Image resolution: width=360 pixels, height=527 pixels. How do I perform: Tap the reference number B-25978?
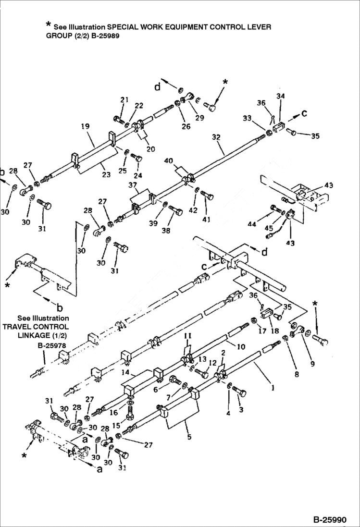52,345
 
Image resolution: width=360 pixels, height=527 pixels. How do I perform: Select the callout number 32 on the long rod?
216,137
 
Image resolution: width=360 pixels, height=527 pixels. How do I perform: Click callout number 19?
85,127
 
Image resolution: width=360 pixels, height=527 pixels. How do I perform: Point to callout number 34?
281,97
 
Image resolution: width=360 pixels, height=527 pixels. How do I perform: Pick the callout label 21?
125,100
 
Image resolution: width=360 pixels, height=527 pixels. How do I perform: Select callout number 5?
189,437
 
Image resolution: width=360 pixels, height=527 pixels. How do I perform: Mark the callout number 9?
312,364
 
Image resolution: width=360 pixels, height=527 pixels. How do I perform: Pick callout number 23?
106,175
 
